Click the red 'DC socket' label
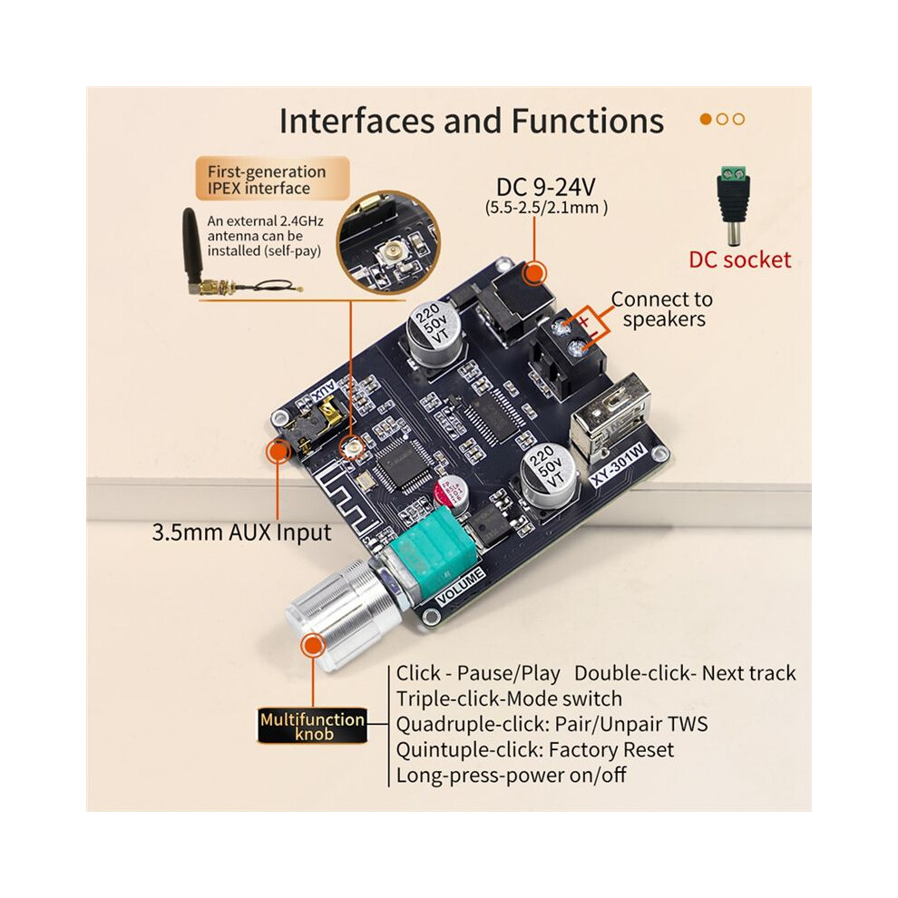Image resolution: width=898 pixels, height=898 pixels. point(739,260)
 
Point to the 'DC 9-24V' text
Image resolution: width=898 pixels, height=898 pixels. point(546,187)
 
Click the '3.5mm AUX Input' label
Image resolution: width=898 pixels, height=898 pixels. point(241,532)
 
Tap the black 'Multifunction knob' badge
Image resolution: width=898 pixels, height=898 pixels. point(312,727)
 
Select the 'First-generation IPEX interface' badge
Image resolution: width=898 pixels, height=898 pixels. point(273,180)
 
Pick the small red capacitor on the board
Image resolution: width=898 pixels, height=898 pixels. point(452,493)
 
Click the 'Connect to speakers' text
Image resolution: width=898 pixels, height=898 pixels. point(662,308)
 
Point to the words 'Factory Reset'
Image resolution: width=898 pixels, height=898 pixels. point(611,749)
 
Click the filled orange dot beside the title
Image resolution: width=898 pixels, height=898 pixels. point(706,119)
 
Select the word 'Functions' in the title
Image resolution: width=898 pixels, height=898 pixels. point(587,121)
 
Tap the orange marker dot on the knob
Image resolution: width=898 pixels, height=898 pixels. point(313,646)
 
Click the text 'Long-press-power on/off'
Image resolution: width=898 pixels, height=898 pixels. point(511,776)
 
